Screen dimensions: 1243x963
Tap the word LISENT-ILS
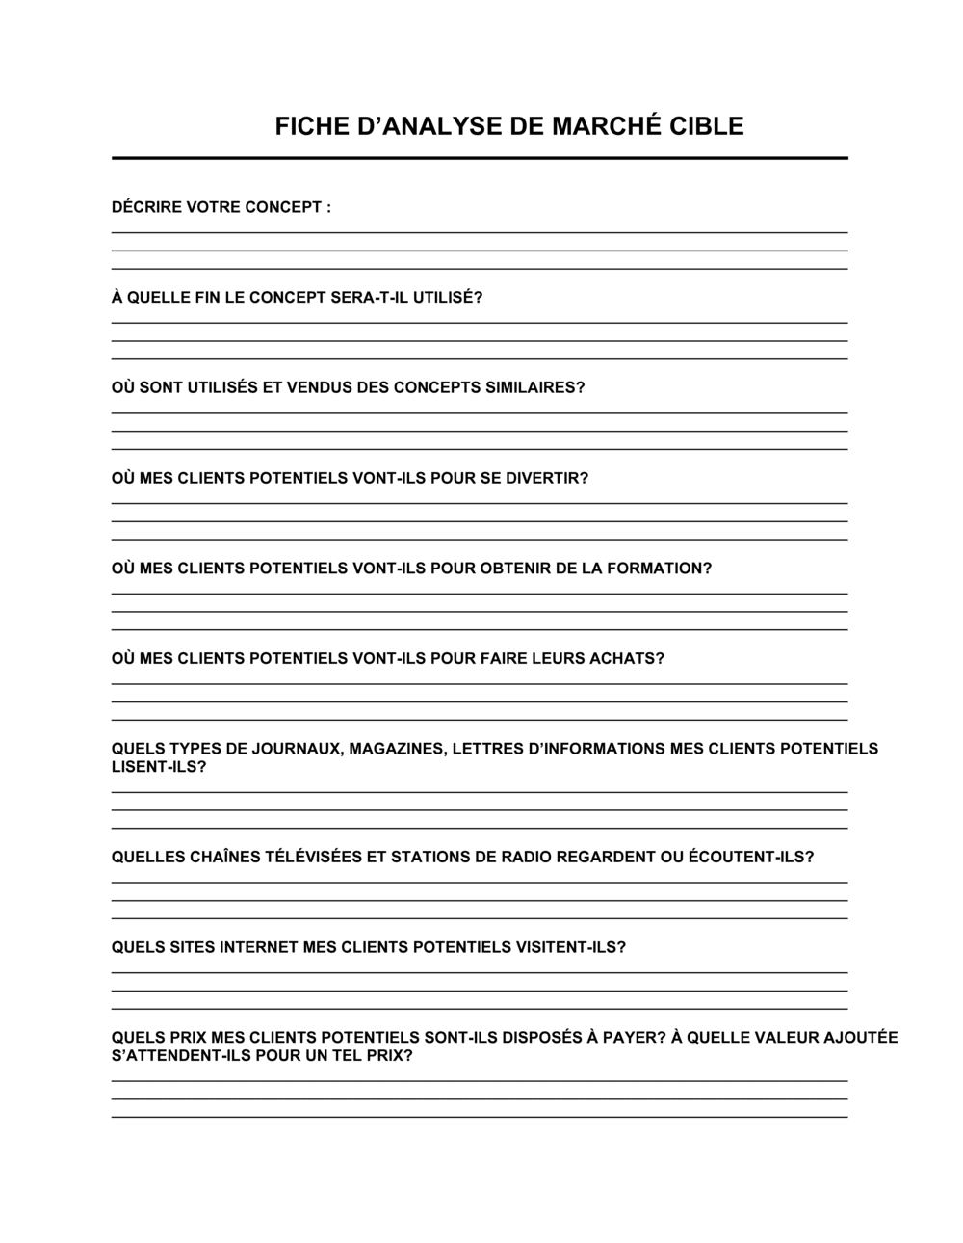[159, 767]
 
